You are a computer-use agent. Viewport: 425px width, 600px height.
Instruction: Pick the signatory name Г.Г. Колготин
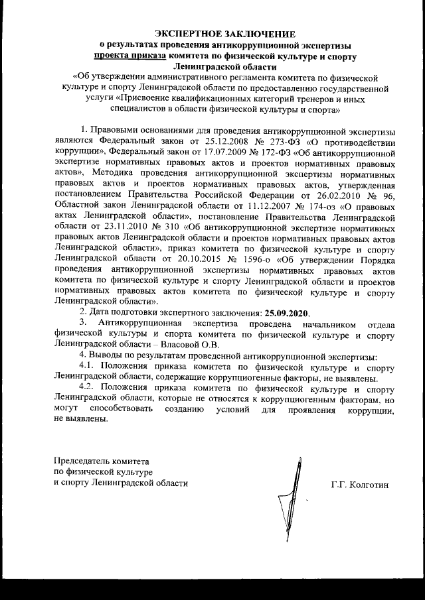tap(359, 483)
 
